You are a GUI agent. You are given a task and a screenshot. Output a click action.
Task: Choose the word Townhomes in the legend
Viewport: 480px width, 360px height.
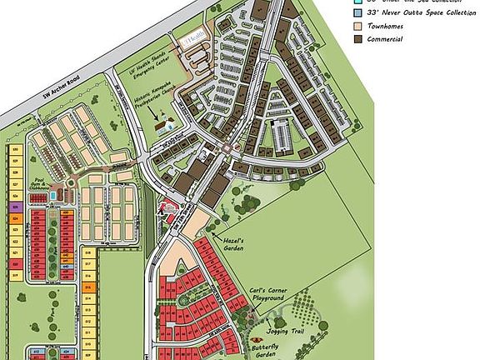click(x=382, y=26)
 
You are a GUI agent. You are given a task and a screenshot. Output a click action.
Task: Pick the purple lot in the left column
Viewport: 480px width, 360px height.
click(x=16, y=206)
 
